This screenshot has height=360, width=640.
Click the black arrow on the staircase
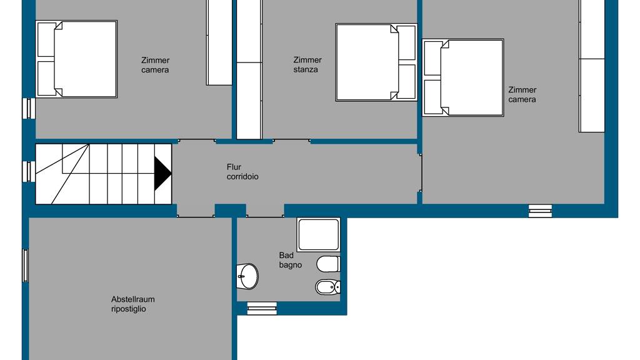162,174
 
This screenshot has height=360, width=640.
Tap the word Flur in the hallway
234,167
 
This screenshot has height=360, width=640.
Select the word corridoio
242,177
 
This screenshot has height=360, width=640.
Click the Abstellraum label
132,299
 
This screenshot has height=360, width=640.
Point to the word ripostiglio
128,309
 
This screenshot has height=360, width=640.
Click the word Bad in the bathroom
286,256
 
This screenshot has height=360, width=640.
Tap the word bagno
290,265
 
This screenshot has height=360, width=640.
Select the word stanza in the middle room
305,70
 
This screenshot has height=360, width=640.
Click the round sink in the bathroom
247,276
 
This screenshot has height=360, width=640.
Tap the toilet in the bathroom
328,264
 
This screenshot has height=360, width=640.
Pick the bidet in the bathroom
327,287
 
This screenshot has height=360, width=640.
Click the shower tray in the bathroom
318,234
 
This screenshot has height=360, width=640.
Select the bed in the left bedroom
77,59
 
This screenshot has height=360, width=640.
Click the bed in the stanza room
376,62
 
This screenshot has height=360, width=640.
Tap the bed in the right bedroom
463,77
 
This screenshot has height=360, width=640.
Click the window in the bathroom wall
262,309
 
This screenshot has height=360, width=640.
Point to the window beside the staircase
28,171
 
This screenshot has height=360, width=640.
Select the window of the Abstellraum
25,266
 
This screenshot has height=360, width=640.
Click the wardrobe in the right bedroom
592,66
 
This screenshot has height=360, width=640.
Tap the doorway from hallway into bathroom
265,211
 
